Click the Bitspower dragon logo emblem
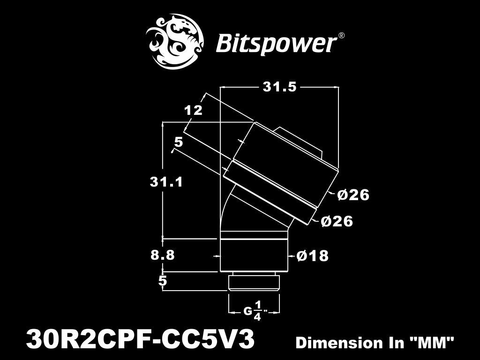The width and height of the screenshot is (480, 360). (174, 41)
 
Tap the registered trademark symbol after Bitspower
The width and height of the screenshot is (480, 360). (341, 36)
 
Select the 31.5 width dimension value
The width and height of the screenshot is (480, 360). (279, 87)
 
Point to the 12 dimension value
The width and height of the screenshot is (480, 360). (193, 110)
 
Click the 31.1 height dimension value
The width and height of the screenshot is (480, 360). (166, 182)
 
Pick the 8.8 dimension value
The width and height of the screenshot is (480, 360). (163, 255)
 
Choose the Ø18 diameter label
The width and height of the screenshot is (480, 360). (313, 255)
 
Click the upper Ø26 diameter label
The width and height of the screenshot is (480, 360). (353, 195)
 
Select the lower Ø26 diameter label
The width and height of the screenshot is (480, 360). (337, 221)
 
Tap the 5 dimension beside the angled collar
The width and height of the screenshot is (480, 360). (179, 142)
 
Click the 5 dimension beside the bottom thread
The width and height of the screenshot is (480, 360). (163, 280)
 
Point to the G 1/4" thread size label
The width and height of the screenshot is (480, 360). (255, 311)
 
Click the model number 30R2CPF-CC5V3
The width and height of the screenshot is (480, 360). (141, 339)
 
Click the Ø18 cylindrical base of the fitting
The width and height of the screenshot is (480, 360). (254, 255)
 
